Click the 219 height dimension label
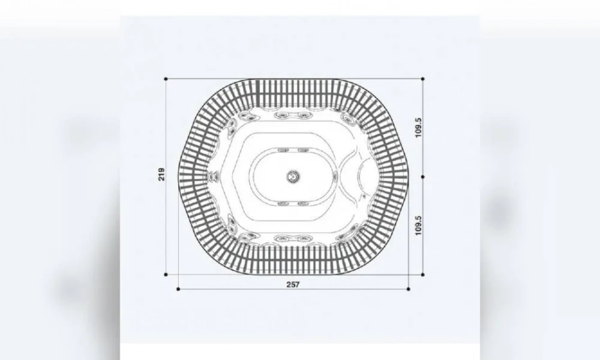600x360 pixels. click(x=162, y=174)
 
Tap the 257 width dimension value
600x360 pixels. click(x=293, y=284)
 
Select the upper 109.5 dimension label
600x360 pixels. click(x=419, y=127)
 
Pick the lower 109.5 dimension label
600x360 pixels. click(x=419, y=226)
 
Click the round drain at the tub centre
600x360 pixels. click(x=293, y=175)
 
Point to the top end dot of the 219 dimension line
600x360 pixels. click(x=166, y=79)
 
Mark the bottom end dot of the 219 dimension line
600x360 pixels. click(x=166, y=274)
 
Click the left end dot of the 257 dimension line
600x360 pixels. click(x=178, y=289)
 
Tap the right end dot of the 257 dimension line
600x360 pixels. click(x=409, y=289)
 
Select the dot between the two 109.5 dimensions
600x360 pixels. click(x=423, y=177)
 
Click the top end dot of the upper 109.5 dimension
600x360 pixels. click(x=423, y=79)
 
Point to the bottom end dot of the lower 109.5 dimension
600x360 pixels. click(x=423, y=274)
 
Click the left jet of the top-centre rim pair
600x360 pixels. click(x=282, y=116)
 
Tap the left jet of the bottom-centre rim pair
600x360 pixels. click(x=282, y=239)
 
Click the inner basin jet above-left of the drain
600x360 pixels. click(x=282, y=150)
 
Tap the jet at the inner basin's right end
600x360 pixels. click(x=334, y=176)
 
